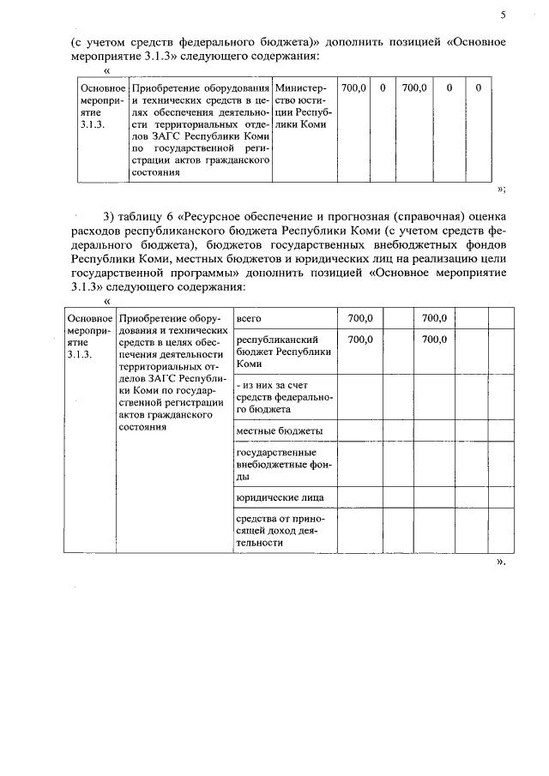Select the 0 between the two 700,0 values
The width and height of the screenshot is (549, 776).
click(383, 88)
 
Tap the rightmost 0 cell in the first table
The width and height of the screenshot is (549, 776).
click(478, 88)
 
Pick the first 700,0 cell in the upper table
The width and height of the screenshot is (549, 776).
click(353, 88)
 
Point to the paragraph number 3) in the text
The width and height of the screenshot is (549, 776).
click(109, 215)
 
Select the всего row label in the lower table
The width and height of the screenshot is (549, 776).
click(249, 318)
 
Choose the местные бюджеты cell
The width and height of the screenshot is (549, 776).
click(279, 431)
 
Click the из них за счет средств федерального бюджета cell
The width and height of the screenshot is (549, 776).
click(283, 398)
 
